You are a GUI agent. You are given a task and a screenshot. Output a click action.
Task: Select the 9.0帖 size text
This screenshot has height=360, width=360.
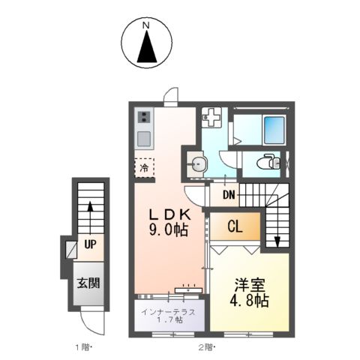click(172, 231)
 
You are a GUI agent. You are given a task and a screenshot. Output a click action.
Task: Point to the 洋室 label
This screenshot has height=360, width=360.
click(250, 286)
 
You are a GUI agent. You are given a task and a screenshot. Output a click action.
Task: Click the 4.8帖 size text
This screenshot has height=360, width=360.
click(250, 302)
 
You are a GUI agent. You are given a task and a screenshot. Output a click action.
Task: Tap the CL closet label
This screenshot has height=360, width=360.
click(234, 225)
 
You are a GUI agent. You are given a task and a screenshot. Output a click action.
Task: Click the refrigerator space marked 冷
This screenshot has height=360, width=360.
click(144, 168)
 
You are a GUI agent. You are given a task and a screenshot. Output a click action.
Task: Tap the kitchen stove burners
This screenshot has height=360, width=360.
click(144, 117)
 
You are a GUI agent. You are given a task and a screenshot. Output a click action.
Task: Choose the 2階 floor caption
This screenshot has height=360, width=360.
click(207, 347)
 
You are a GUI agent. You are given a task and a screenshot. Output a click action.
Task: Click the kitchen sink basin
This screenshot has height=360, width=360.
click(144, 138)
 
